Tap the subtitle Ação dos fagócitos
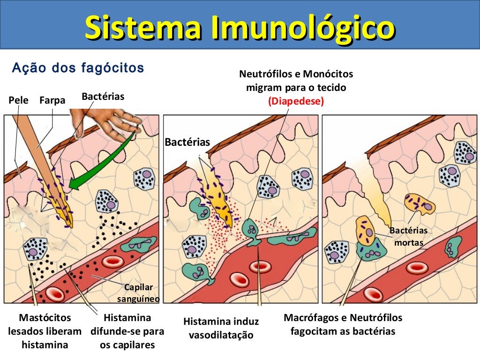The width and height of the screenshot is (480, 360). (78, 68)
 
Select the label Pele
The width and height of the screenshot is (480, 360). (19, 100)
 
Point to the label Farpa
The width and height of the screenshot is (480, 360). (52, 100)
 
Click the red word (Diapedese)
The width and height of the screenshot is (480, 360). (296, 101)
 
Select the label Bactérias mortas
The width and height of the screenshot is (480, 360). (409, 236)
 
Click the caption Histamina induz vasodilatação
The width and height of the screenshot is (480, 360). (221, 328)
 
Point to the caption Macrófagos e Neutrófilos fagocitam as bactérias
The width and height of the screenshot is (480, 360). (343, 324)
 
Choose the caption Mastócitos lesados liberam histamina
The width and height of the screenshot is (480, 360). (45, 331)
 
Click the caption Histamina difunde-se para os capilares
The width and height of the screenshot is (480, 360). (127, 331)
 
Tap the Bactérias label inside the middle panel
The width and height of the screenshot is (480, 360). (187, 142)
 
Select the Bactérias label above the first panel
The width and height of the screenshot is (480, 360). (103, 97)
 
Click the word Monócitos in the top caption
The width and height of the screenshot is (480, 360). (328, 74)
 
